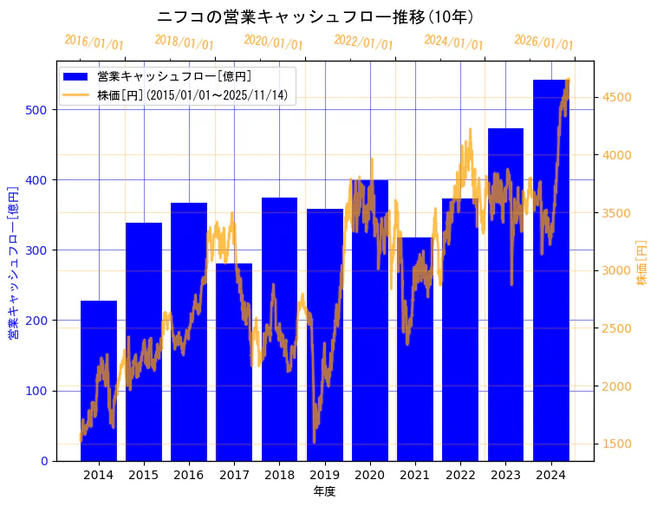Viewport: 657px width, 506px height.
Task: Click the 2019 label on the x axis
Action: click(x=324, y=475)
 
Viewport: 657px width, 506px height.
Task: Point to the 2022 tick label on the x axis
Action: click(x=460, y=475)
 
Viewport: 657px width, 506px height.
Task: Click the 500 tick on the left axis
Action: click(x=38, y=110)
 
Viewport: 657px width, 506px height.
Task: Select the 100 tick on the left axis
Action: click(x=38, y=391)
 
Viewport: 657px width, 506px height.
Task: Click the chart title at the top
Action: click(x=315, y=16)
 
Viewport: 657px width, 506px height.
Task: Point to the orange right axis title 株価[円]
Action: click(x=642, y=263)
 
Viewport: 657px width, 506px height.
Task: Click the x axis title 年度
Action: click(x=324, y=491)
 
